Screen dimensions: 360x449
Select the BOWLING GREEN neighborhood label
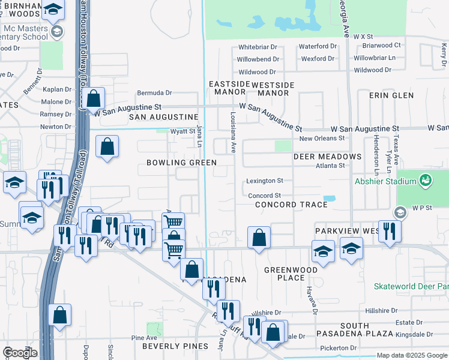pos(181,163)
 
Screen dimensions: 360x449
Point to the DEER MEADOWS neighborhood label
pos(327,157)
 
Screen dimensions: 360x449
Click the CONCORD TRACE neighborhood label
pos(291,205)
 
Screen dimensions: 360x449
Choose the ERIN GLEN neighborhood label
pos(391,95)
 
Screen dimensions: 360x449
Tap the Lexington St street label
pos(265,181)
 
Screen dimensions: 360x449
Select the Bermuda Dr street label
pos(154,93)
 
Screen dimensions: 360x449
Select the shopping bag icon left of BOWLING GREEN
pos(107,146)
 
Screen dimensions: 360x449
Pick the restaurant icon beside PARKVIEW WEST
pos(390,231)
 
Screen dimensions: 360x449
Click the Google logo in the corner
pos(20,353)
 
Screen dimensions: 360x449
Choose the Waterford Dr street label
pos(318,46)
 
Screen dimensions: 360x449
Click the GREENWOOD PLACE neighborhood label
pos(285,274)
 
